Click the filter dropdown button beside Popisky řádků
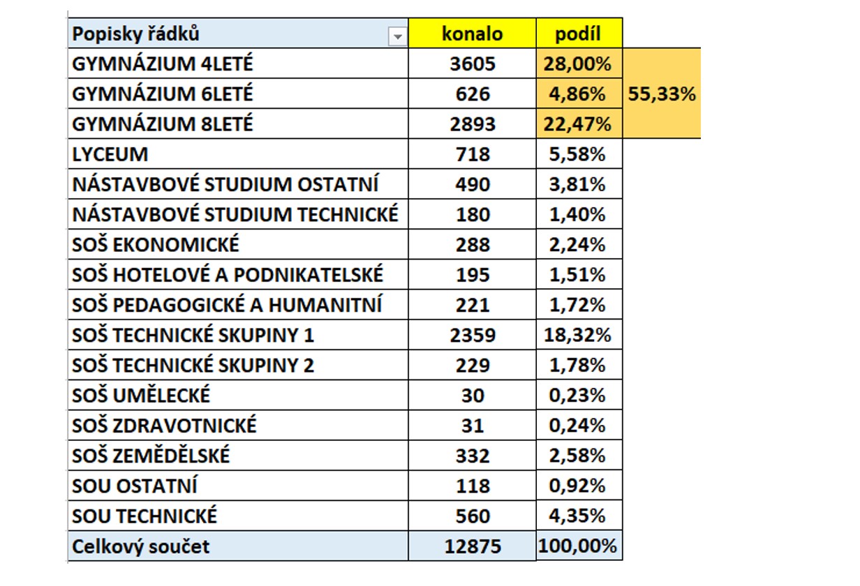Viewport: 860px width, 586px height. tap(397, 37)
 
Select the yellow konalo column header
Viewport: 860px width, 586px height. tap(472, 33)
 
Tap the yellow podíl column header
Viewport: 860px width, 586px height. tap(579, 33)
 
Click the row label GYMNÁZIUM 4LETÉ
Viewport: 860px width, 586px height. tap(163, 63)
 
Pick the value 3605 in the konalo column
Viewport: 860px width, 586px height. tap(473, 63)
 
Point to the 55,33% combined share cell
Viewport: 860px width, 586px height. tap(662, 93)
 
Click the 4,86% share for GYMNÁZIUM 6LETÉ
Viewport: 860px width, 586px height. tap(577, 94)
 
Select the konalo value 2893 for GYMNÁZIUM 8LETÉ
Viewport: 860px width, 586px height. tap(473, 124)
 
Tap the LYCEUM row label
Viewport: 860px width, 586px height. tap(110, 154)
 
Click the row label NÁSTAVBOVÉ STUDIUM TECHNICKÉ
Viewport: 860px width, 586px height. tap(235, 214)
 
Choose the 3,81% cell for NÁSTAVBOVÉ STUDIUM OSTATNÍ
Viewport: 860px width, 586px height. tap(577, 184)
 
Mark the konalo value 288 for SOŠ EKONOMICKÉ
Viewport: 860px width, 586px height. tap(473, 245)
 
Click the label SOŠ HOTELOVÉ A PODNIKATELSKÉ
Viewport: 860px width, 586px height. tap(228, 275)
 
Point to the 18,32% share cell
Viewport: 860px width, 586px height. tap(577, 335)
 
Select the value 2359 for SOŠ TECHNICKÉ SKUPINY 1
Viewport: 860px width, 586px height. tap(473, 335)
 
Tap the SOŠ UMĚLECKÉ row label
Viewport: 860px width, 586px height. tap(141, 396)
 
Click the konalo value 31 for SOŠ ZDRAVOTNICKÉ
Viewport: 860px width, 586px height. tap(473, 426)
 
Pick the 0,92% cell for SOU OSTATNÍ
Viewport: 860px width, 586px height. tap(577, 486)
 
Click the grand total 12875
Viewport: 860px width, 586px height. tap(473, 546)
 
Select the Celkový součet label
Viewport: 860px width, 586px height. tap(141, 546)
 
